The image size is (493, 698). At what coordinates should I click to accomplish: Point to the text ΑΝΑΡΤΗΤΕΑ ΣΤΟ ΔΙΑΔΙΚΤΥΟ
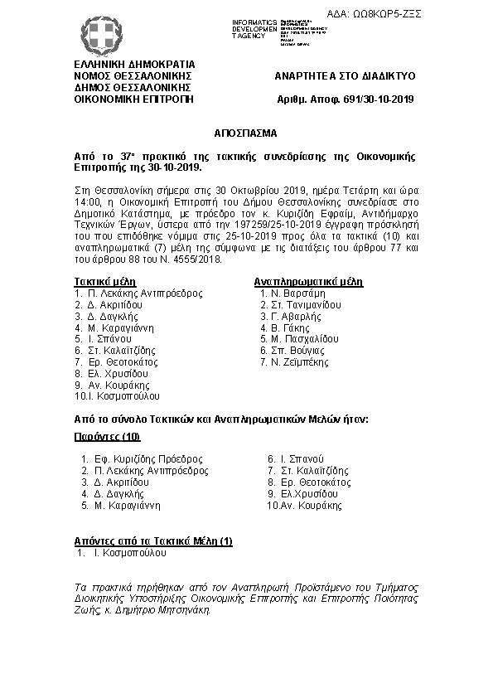pyautogui.click(x=345, y=75)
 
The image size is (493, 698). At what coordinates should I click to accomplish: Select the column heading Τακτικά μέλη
pyautogui.click(x=103, y=281)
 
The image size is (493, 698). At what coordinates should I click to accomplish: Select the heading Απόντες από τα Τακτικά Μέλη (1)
pyautogui.click(x=153, y=540)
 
